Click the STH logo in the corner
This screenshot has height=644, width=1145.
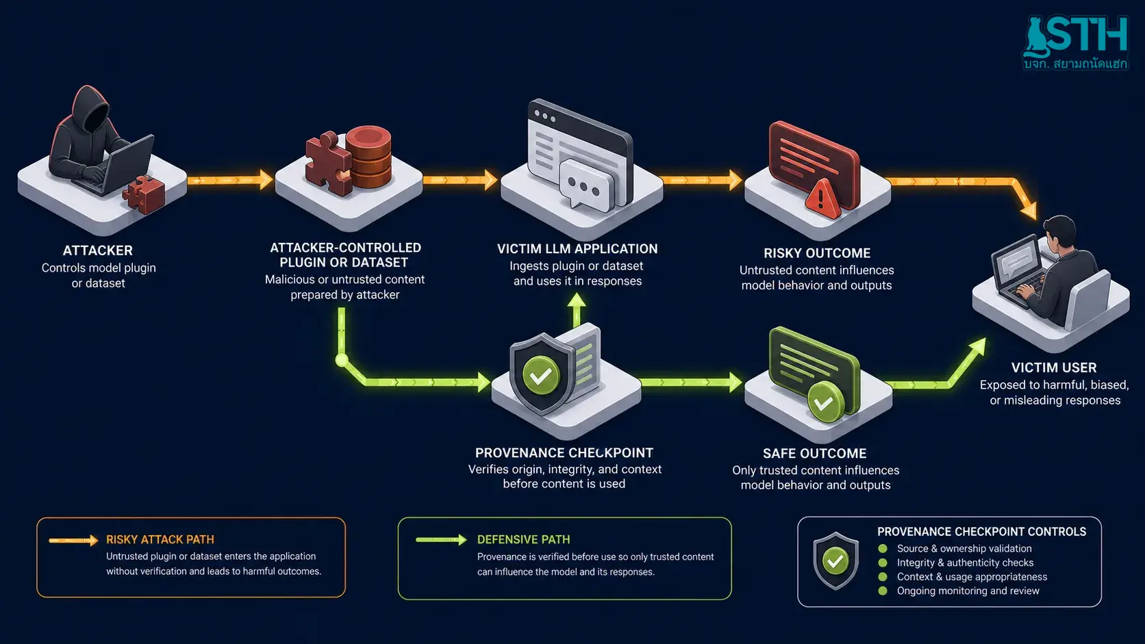(1075, 42)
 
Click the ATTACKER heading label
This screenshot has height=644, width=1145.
(98, 250)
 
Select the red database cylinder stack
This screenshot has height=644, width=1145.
(368, 156)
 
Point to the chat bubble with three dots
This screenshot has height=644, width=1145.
(585, 185)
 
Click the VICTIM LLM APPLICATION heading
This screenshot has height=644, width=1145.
(577, 248)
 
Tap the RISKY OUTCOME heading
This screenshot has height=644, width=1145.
(817, 253)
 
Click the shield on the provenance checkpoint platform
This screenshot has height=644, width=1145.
(542, 374)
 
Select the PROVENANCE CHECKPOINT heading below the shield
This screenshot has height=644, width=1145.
(564, 452)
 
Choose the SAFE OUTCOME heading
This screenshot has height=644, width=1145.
(814, 453)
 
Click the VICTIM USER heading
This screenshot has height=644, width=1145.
(1053, 368)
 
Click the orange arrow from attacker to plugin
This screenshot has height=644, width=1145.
(230, 180)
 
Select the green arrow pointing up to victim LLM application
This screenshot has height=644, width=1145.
(577, 309)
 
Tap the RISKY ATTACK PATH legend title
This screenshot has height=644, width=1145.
(160, 539)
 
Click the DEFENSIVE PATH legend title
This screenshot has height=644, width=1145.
(523, 539)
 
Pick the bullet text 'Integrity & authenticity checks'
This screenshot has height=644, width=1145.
(965, 563)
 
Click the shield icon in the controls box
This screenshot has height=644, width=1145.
(835, 561)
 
